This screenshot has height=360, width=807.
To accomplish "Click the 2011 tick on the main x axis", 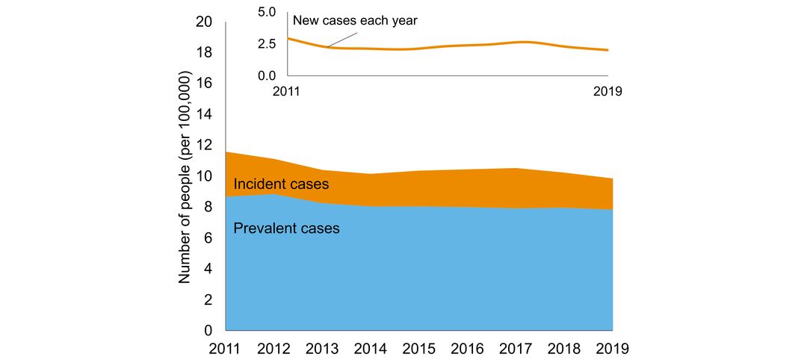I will click(x=225, y=348).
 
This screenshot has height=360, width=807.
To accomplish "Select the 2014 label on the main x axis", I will click(x=371, y=348).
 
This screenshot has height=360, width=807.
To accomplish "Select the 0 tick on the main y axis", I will click(x=208, y=330).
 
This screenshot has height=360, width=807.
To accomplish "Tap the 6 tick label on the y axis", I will click(x=208, y=238).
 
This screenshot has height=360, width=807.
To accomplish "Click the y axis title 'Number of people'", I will click(x=185, y=178).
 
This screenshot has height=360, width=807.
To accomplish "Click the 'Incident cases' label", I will click(x=281, y=184).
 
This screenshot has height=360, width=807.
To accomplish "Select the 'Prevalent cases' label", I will click(x=286, y=229).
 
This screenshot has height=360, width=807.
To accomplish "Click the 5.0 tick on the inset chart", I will click(x=267, y=11).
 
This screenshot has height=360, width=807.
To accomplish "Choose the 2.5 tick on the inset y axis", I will click(x=267, y=43).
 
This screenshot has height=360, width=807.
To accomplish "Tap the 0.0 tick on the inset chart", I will click(x=267, y=75).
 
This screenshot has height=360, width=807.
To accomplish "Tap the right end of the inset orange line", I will click(x=607, y=50).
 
